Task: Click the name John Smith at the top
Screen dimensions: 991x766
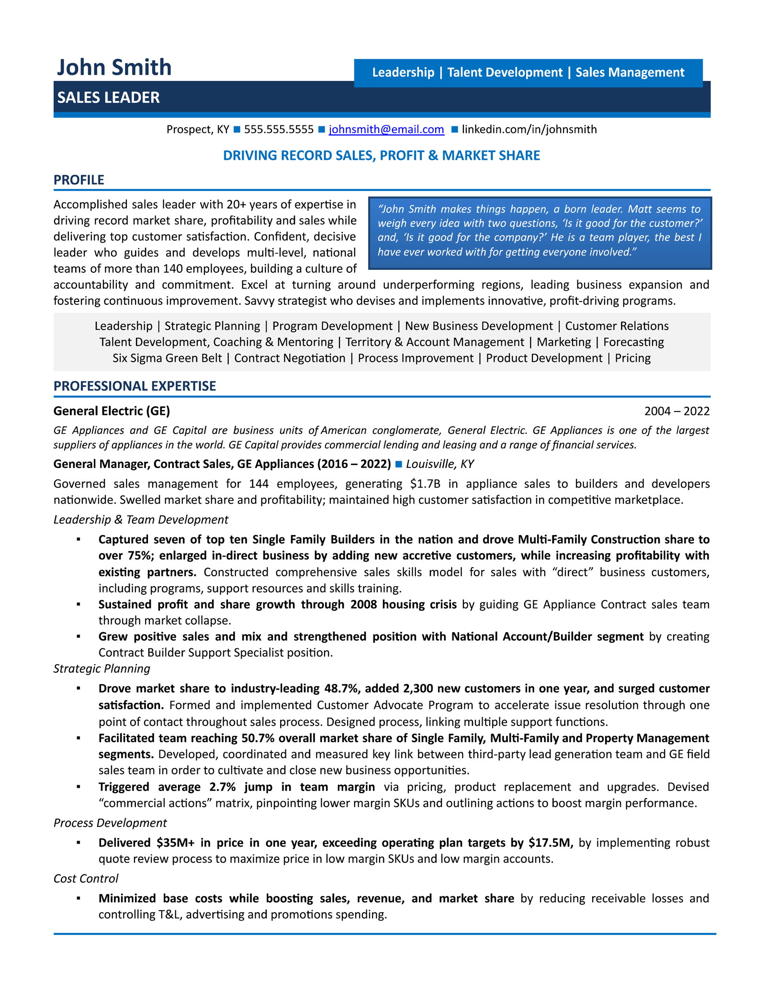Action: tap(114, 67)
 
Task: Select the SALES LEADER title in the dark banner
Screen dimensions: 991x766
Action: tap(109, 98)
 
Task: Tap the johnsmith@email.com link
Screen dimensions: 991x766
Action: tap(386, 129)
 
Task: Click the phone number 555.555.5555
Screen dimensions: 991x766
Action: tap(279, 129)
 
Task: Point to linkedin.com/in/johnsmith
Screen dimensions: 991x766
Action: tap(529, 129)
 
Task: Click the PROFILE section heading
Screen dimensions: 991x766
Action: tap(79, 180)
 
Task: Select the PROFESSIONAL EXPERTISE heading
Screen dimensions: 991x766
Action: tap(135, 386)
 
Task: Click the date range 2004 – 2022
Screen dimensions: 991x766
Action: tap(676, 411)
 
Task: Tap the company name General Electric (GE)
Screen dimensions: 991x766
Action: tap(112, 411)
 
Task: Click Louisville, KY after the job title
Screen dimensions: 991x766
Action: tap(440, 464)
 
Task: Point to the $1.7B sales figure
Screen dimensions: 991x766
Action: tap(425, 484)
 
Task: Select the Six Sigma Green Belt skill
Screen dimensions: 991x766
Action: tap(167, 358)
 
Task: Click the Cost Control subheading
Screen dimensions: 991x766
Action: tap(86, 879)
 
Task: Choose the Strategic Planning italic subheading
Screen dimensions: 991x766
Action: tap(101, 668)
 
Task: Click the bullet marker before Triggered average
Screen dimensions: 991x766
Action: tap(78, 787)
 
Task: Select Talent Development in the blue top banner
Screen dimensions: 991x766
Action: tap(505, 72)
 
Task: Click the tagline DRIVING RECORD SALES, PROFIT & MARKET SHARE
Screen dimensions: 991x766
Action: tap(382, 156)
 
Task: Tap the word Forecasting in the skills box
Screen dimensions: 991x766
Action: tap(633, 342)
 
